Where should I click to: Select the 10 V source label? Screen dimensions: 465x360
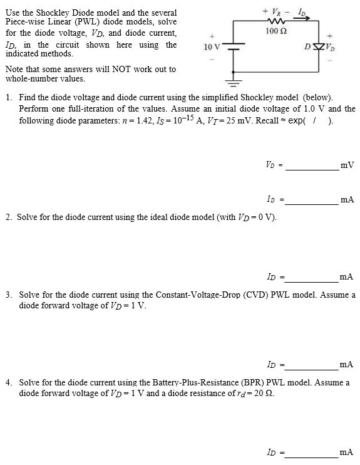click(x=212, y=47)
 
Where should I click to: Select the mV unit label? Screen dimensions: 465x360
click(x=347, y=165)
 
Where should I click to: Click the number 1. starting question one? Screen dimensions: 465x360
click(x=8, y=98)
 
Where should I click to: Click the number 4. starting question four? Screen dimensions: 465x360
click(x=8, y=382)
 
